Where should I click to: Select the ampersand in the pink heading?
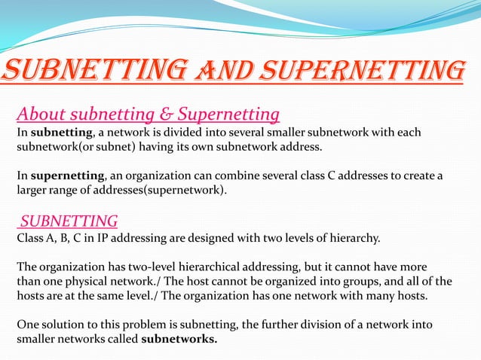(x=168, y=114)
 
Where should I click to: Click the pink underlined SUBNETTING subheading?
(x=69, y=221)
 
